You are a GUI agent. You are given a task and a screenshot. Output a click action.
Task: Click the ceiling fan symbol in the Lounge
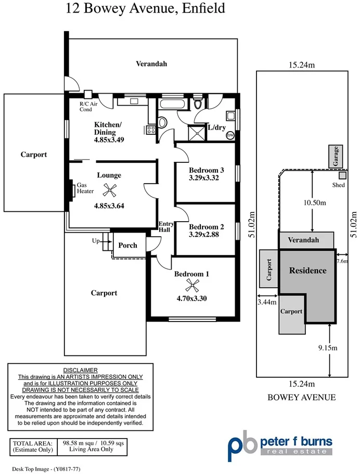tap(110, 189)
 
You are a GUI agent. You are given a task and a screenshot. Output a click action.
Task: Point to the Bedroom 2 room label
tap(207, 226)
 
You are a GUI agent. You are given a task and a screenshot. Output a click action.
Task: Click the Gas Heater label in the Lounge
tap(85, 188)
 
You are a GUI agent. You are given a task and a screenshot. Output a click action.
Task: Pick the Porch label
tap(127, 245)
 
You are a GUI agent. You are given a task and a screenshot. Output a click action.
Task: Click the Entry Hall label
tap(166, 226)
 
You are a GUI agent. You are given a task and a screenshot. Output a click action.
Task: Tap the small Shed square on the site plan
tap(342, 175)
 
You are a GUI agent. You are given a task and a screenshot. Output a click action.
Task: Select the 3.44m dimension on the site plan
tap(267, 301)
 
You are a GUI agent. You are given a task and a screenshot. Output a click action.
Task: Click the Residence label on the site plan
tap(307, 271)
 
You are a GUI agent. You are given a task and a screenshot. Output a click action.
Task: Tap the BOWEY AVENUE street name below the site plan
tap(302, 398)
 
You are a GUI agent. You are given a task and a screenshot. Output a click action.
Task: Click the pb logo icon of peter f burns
tap(242, 443)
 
